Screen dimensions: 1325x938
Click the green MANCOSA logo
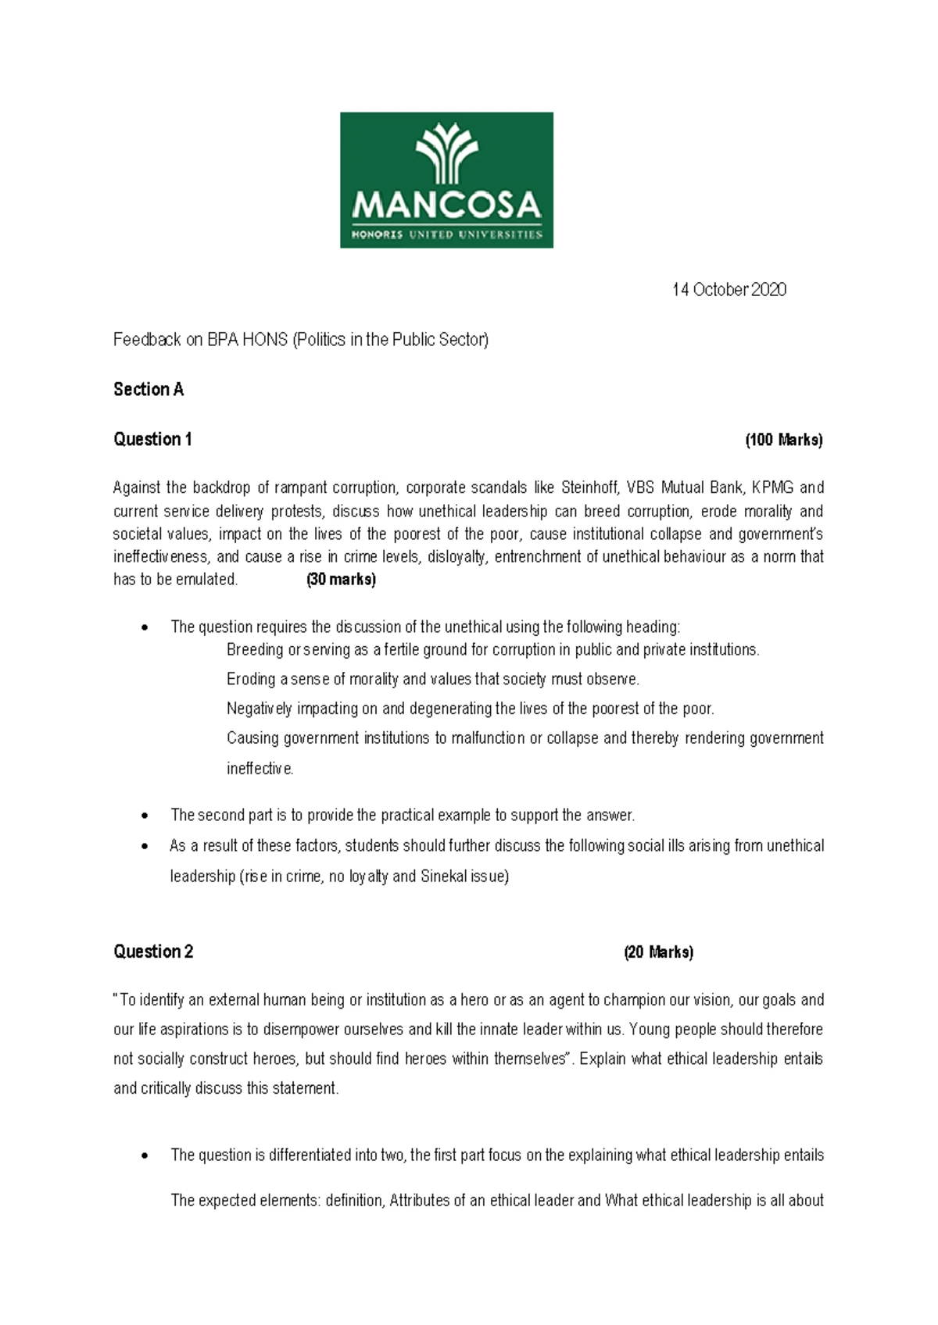point(446,180)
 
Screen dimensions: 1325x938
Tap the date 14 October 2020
point(729,290)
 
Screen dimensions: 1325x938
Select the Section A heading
point(149,389)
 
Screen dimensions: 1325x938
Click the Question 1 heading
point(152,439)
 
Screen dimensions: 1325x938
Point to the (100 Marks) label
point(784,440)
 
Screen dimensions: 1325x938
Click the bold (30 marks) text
point(341,580)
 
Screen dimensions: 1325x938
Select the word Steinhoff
point(590,487)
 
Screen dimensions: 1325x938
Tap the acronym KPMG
point(772,487)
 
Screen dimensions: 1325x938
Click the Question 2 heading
point(153,952)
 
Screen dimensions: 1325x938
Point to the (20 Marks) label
point(658,952)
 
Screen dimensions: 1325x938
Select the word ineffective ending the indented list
point(260,769)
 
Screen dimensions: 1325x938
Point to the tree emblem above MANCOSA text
point(446,152)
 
